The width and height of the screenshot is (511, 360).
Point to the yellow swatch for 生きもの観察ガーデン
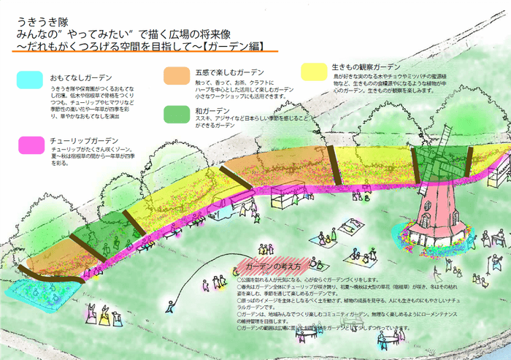coord(315,71)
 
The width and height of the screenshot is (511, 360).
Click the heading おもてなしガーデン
coord(81,77)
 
